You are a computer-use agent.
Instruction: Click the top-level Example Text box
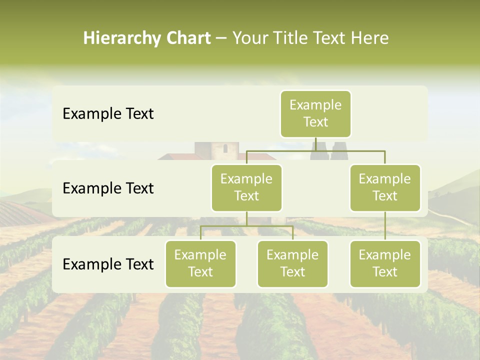coord(315,114)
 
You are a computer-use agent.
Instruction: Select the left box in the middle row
coord(246,187)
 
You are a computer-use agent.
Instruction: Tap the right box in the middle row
coord(385,187)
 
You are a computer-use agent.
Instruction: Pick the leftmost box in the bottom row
coord(200,263)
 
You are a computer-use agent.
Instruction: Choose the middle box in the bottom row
coord(292,263)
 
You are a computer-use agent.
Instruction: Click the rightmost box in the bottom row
coord(385,263)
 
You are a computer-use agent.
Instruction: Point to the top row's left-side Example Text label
coord(108,114)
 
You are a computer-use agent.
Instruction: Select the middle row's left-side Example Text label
coord(108,188)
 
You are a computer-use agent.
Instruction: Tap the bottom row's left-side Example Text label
coord(108,264)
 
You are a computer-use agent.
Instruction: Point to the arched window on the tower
coord(225,148)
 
